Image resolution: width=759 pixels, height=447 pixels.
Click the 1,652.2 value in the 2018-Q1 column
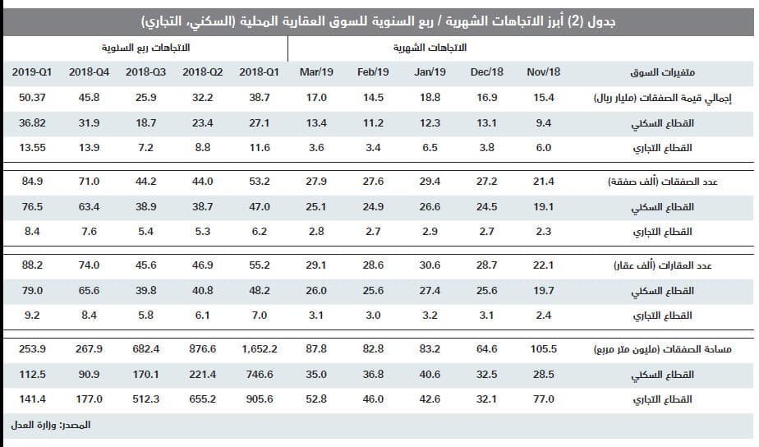point(260,349)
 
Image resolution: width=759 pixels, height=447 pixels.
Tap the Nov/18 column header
point(543,72)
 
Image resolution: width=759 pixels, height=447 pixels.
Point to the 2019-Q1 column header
point(33,72)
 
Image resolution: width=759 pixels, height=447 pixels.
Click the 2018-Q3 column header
point(146,72)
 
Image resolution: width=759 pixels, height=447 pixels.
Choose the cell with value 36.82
point(33,122)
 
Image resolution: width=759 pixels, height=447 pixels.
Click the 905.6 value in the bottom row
point(260,399)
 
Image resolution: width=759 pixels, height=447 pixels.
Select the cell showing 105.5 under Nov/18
point(543,349)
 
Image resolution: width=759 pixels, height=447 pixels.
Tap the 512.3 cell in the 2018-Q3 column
point(146,399)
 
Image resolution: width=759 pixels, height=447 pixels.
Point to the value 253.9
point(33,349)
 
